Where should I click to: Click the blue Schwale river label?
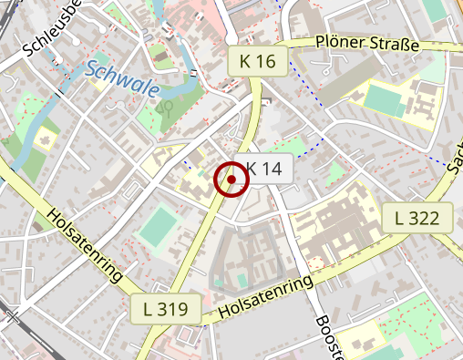coord(124,80)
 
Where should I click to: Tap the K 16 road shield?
coord(258,62)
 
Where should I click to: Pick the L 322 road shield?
coord(423,218)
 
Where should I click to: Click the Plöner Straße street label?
coord(366,44)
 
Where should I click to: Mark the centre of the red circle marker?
coord(231,180)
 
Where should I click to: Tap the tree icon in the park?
coord(165,107)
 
